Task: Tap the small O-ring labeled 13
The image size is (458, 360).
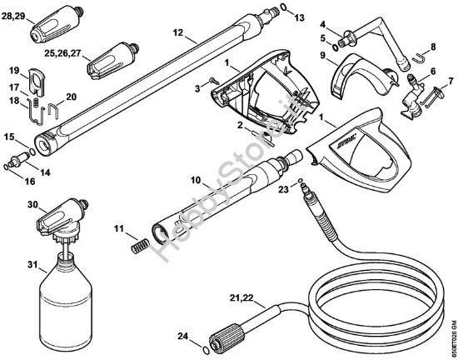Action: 285,8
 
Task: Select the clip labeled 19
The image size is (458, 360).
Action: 36,78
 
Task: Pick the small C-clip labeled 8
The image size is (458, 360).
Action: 425,58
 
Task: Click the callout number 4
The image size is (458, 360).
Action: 323,25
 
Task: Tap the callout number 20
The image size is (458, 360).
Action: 70,95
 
